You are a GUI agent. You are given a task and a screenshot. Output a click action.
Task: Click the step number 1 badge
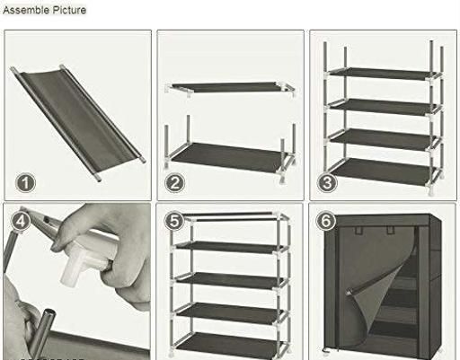pyautogui.click(x=25, y=183)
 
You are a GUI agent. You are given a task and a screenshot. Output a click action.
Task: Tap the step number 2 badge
pyautogui.click(x=175, y=183)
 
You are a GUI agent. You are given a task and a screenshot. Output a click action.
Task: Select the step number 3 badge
pyautogui.click(x=327, y=182)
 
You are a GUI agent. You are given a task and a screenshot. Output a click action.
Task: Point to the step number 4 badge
pyautogui.click(x=21, y=222)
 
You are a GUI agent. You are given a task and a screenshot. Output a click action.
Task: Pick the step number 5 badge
pyautogui.click(x=174, y=221)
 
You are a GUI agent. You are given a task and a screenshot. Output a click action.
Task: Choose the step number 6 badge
pyautogui.click(x=326, y=221)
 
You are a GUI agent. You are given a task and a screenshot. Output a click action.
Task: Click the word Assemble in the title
pyautogui.click(x=26, y=10)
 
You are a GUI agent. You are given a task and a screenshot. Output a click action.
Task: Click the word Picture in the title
pyautogui.click(x=69, y=10)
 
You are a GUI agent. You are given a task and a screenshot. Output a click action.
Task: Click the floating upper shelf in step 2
pyautogui.click(x=230, y=87)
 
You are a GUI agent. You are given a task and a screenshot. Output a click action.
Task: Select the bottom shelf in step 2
pyautogui.click(x=229, y=157)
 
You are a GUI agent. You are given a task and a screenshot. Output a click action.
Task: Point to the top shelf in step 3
pyautogui.click(x=384, y=74)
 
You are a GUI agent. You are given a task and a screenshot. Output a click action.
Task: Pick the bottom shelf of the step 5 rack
pyautogui.click(x=229, y=344)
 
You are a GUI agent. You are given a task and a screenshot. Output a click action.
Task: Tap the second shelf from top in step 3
pyautogui.click(x=384, y=107)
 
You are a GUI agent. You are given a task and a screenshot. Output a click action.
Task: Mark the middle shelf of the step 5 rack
pyautogui.click(x=229, y=281)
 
